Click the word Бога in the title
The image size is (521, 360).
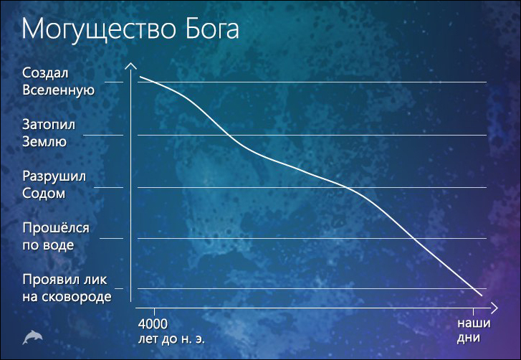point(212,28)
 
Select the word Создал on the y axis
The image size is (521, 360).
point(45,73)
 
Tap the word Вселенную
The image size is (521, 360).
point(59,90)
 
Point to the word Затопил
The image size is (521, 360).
point(49,125)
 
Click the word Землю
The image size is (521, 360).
point(44,141)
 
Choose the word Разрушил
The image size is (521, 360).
point(54,176)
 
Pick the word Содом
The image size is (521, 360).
point(44,193)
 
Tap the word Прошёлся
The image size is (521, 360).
point(56,228)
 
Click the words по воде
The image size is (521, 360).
point(48,245)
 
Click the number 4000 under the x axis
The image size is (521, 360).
point(153,323)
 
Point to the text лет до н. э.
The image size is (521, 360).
point(171,339)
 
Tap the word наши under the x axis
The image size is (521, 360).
point(474,323)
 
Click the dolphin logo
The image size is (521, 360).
point(32,337)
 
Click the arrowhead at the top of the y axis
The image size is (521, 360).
point(131,66)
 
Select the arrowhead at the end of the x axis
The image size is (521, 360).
point(494,308)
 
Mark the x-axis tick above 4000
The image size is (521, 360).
point(154,312)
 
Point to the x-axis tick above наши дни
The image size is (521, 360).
point(473,312)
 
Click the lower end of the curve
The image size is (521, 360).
point(482,295)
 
